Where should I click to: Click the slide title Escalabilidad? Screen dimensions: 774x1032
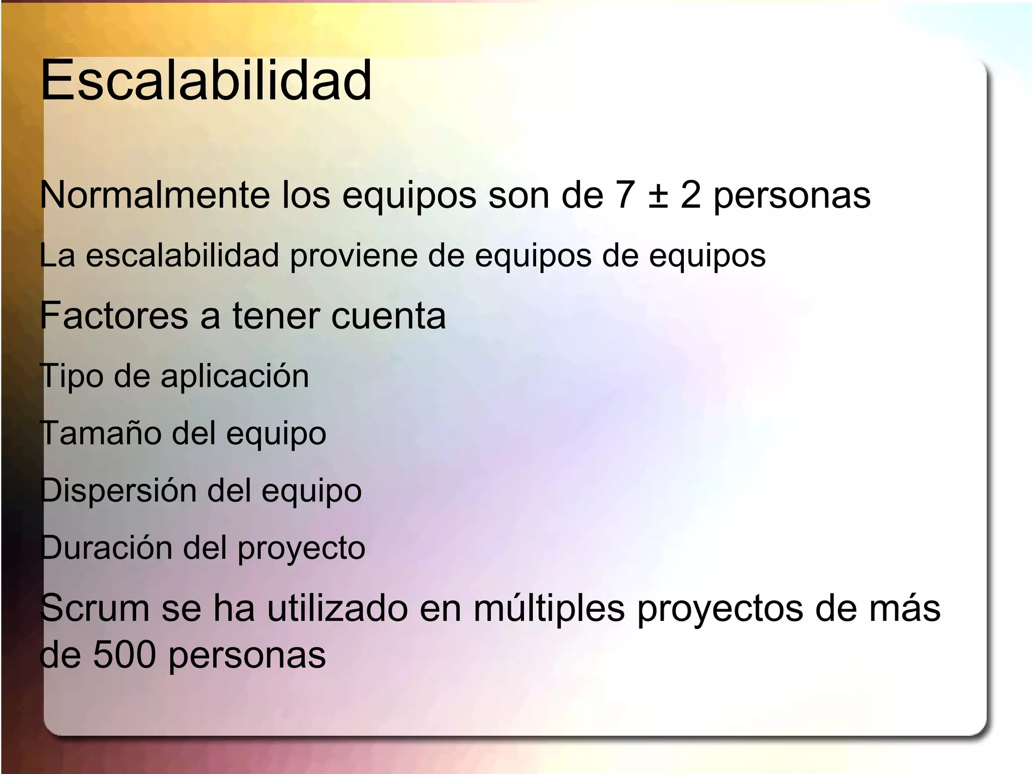tap(206, 81)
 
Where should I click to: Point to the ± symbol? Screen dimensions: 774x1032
tap(658, 196)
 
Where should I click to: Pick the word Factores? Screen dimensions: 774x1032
tap(114, 315)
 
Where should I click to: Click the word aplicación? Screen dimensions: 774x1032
tap(235, 377)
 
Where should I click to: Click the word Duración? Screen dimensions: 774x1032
tap(105, 548)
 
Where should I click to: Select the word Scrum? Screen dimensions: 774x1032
tap(95, 608)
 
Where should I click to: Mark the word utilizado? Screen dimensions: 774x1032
tap(337, 608)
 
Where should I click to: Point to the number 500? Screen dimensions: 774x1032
tap(124, 655)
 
